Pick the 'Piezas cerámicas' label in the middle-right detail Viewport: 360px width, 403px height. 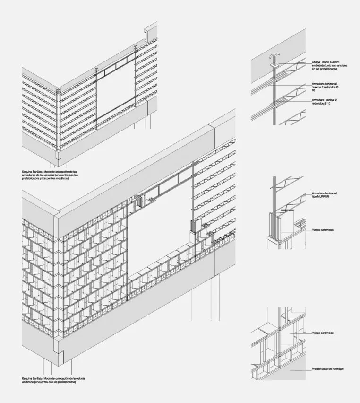pos(323,230)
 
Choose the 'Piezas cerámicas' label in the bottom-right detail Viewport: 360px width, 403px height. pos(323,333)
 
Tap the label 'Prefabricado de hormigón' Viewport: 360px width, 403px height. pos(330,369)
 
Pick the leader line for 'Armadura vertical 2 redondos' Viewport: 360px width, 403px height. pos(293,101)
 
